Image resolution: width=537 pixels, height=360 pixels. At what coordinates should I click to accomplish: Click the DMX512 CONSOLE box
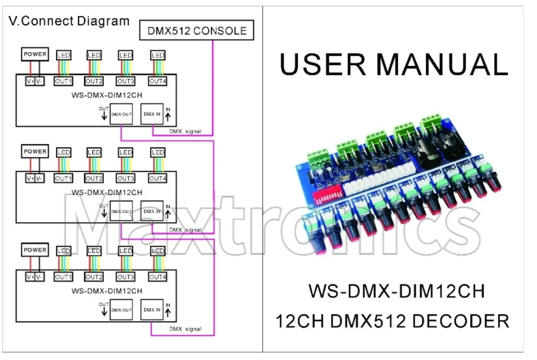click(x=197, y=30)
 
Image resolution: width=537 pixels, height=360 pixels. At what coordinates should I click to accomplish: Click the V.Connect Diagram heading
click(x=69, y=21)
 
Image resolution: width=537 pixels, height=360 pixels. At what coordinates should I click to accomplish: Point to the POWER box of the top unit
click(x=34, y=54)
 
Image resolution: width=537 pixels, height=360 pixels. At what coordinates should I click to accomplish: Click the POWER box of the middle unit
click(x=34, y=151)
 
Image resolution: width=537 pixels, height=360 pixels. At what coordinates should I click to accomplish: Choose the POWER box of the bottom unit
click(x=34, y=250)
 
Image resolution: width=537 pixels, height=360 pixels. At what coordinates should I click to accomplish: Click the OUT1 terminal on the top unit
click(x=64, y=81)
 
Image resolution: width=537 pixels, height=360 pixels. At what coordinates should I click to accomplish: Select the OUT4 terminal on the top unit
click(x=158, y=81)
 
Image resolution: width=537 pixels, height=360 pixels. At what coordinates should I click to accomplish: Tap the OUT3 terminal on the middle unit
click(x=126, y=178)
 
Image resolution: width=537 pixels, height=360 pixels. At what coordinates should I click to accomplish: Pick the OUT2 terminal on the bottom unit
click(x=94, y=277)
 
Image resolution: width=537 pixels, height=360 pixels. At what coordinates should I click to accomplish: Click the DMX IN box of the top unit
click(x=152, y=114)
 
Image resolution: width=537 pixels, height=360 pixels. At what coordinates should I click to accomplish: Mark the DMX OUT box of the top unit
click(x=121, y=114)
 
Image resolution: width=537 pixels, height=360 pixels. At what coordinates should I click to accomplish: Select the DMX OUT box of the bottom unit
click(x=121, y=309)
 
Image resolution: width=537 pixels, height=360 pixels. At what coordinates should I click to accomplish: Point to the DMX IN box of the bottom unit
click(x=152, y=309)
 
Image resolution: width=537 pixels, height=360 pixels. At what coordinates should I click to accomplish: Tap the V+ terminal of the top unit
click(x=30, y=81)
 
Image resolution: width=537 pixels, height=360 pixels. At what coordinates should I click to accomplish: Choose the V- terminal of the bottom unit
click(x=40, y=277)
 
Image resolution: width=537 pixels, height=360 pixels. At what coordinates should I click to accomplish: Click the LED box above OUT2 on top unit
click(x=94, y=55)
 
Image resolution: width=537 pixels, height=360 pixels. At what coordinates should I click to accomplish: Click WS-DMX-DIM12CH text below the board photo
click(x=396, y=292)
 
